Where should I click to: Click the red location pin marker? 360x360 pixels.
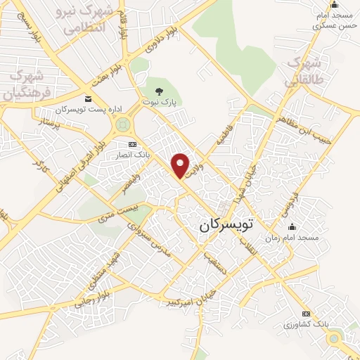click(x=181, y=165)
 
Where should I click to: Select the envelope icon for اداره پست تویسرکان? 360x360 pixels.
click(x=88, y=99)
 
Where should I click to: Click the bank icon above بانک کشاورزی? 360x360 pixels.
click(x=306, y=313)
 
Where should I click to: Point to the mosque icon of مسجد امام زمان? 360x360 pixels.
click(x=292, y=226)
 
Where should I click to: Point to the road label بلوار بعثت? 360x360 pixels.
click(x=114, y=73)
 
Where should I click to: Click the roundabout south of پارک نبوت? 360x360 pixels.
click(x=124, y=127)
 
